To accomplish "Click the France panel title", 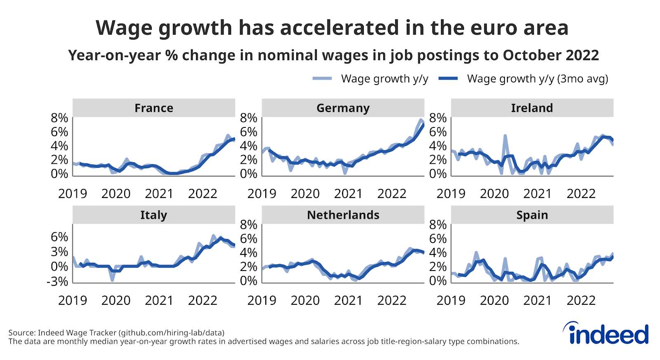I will click(x=153, y=108).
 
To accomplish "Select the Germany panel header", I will click(x=343, y=108).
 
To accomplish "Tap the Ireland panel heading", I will click(x=532, y=108).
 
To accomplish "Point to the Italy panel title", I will click(x=153, y=215).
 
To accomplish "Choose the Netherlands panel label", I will click(x=343, y=215).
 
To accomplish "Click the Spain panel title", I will click(x=532, y=215).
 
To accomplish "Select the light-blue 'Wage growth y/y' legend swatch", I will click(x=322, y=78).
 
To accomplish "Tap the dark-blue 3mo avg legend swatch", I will click(x=448, y=78).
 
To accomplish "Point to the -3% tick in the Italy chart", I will click(x=57, y=282).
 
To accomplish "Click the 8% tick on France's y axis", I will click(x=59, y=118).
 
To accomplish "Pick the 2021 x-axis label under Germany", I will click(x=348, y=193).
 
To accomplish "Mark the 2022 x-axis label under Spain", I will click(x=581, y=300).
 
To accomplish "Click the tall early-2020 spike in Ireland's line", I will click(x=505, y=136).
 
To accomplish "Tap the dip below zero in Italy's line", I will click(x=112, y=280).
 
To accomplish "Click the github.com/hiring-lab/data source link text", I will click(x=171, y=332).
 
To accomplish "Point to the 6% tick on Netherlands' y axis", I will click(x=248, y=239).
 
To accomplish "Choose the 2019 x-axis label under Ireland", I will click(x=451, y=193).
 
